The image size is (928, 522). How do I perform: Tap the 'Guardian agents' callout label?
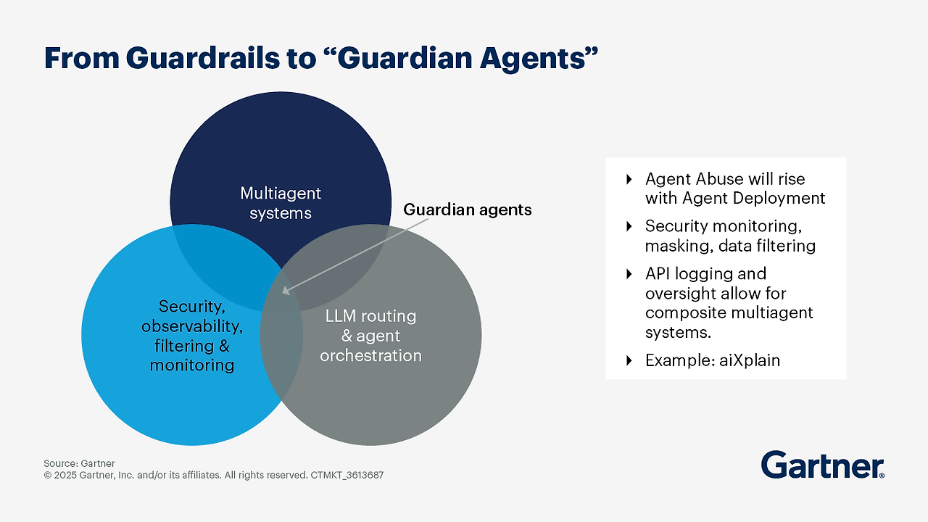[x=467, y=210]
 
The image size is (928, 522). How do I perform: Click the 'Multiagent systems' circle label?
[x=281, y=203]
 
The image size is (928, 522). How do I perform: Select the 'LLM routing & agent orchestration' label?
[x=370, y=336]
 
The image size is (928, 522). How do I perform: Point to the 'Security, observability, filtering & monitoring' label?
[x=192, y=336]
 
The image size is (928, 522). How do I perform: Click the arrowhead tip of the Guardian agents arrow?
[x=283, y=293]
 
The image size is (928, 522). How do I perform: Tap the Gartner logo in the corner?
[x=822, y=465]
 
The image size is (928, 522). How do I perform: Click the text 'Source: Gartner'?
[x=79, y=463]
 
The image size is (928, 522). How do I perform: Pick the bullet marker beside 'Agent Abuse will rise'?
[x=629, y=179]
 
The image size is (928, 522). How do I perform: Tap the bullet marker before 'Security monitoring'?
[x=629, y=226]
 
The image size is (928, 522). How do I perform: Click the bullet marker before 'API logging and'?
[x=629, y=274]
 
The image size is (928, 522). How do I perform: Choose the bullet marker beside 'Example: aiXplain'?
[x=629, y=360]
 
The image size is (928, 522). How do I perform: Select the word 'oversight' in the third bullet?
[x=680, y=293]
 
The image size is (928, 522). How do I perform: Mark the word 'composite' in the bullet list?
[x=684, y=312]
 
